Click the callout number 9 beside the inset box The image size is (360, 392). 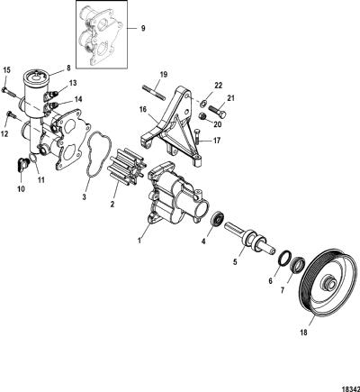coord(143,28)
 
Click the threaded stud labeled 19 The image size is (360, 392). coord(153,92)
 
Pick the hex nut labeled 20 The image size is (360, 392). coord(203,115)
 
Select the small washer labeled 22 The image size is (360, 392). coord(202,104)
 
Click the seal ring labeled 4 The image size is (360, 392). coord(217,220)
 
